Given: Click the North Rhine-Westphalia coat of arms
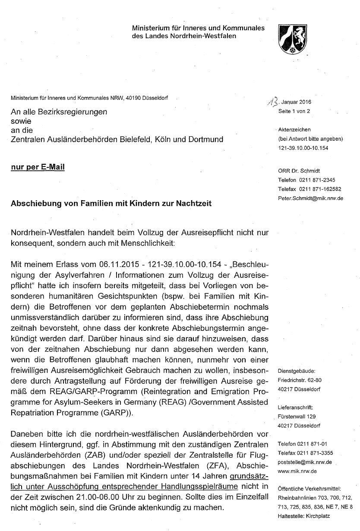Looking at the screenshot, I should (292, 38).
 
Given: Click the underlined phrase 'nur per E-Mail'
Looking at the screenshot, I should (38, 167).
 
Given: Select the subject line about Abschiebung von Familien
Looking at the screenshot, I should (111, 203).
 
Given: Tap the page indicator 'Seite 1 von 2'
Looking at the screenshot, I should (294, 111).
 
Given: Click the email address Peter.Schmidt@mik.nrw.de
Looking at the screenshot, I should (311, 198).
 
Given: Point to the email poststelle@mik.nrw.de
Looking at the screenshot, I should (305, 462).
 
